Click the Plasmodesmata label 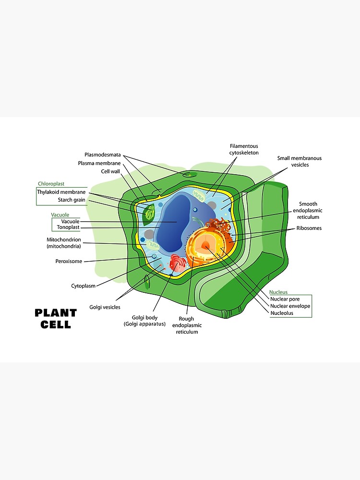click(103, 155)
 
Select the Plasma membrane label click(99, 163)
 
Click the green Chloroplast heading click(51, 183)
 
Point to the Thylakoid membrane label click(61, 192)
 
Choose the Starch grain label click(72, 200)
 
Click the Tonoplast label click(68, 227)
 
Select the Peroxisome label click(69, 261)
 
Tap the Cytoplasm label click(84, 286)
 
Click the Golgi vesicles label click(105, 307)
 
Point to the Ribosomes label click(309, 228)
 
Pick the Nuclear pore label click(285, 299)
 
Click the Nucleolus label click(282, 313)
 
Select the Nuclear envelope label click(290, 306)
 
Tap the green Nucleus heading click(278, 292)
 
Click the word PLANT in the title click(56, 313)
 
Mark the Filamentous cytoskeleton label click(244, 149)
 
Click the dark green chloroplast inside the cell click(149, 214)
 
